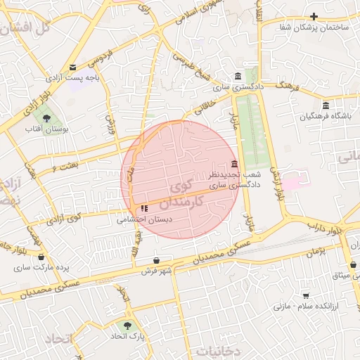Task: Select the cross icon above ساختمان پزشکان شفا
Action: [314, 16]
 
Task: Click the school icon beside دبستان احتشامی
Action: [144, 208]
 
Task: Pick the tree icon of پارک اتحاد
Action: [127, 326]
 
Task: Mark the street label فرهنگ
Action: [289, 86]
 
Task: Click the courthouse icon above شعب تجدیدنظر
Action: [234, 164]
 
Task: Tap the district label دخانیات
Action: [219, 349]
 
